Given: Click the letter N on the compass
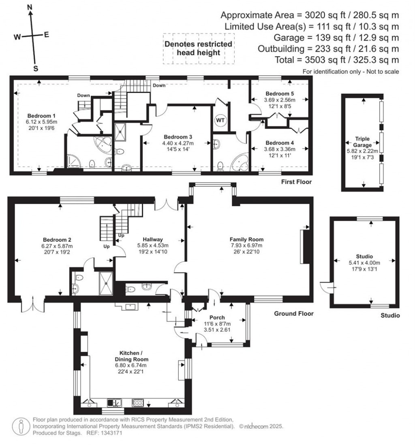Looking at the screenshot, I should (30, 7).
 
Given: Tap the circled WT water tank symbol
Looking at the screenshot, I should (220, 120).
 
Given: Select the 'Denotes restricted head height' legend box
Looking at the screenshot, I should (198, 48).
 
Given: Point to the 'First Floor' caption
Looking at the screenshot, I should (297, 182).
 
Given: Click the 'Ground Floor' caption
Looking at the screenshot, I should (294, 313).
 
